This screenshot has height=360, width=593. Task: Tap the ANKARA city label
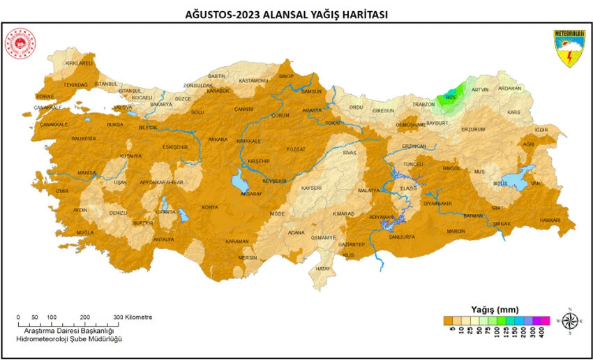pyautogui.click(x=218, y=140)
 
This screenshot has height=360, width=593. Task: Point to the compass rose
pyautogui.click(x=570, y=322)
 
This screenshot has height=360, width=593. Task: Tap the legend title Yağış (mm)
pyautogui.click(x=493, y=308)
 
